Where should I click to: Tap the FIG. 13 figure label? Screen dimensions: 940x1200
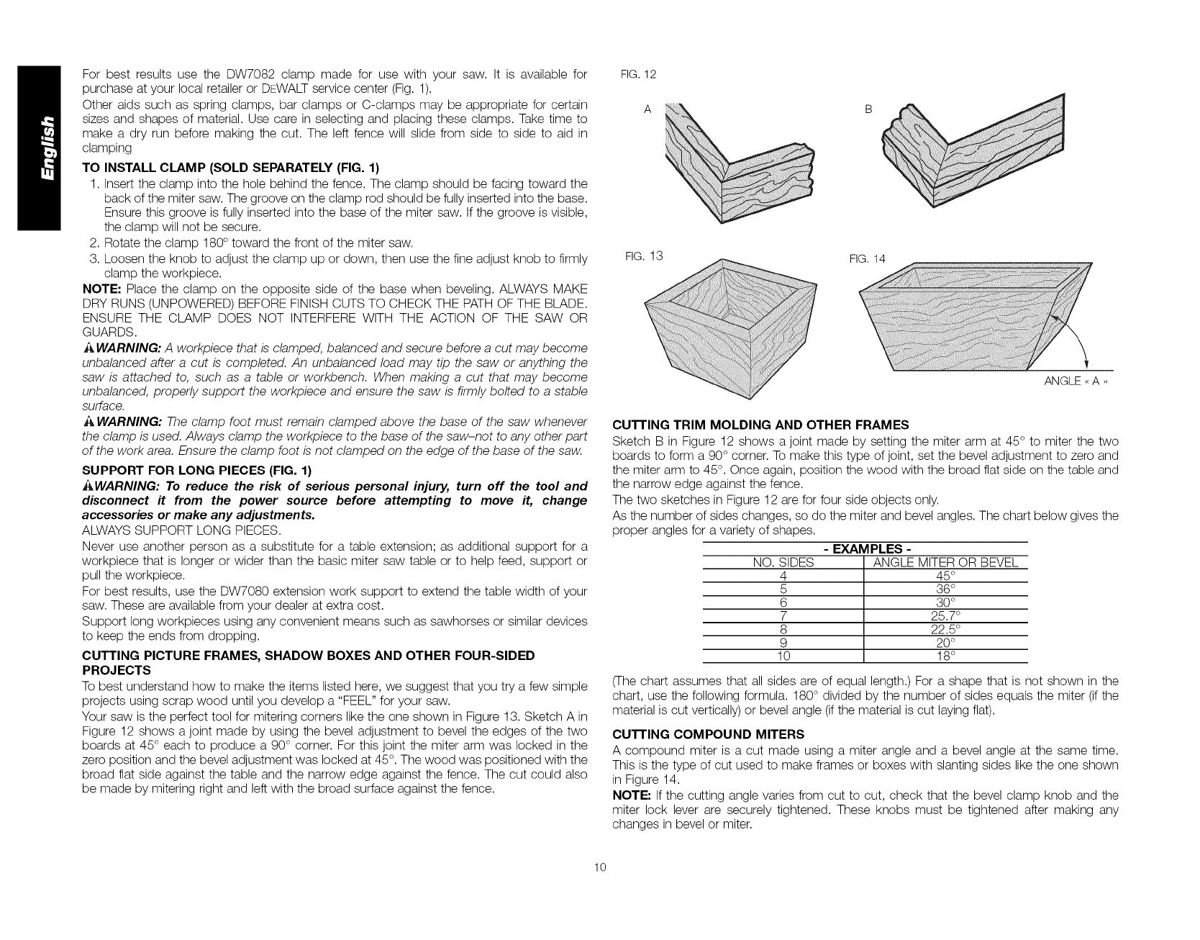click(x=645, y=256)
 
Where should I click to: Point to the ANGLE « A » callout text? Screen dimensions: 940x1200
click(x=1076, y=381)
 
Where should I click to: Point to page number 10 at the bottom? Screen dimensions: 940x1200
click(x=600, y=887)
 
